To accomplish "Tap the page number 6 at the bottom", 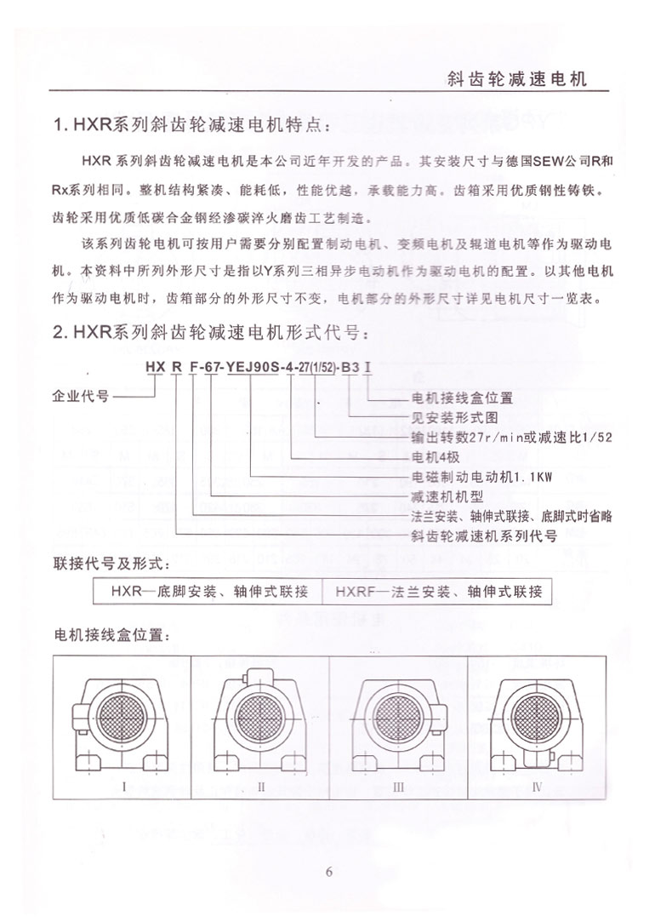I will pos(330,871).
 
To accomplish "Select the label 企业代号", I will pos(81,397).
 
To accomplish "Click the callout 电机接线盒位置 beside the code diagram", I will pos(462,398).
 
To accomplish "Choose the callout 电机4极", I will pos(435,457).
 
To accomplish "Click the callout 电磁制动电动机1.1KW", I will pos(482,477).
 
